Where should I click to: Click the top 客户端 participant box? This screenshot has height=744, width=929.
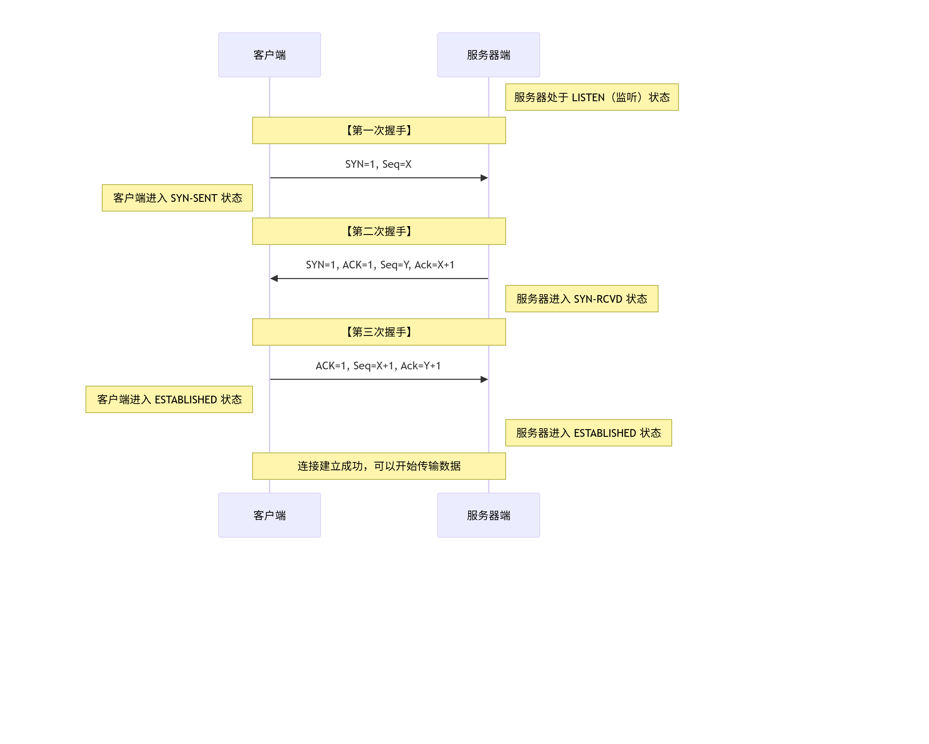point(269,55)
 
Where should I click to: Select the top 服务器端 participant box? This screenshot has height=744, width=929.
point(488,55)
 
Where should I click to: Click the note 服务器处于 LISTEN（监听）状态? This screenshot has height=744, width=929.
point(592,97)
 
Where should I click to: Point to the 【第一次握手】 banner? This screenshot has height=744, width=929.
point(379,130)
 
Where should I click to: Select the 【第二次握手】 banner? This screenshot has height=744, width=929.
point(379,231)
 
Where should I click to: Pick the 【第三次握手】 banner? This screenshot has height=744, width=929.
point(379,332)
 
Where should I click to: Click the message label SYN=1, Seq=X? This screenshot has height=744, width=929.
point(378,164)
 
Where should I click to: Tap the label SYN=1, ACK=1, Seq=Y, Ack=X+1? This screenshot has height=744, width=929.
point(379,265)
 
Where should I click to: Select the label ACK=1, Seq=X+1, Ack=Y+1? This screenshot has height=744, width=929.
point(378,365)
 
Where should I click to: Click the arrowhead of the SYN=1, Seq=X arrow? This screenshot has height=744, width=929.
point(484,178)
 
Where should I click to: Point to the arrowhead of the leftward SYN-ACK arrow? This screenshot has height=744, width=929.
point(274,278)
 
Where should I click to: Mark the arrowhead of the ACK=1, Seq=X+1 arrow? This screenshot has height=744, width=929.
point(484,379)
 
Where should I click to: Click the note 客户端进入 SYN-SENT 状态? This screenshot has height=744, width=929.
point(177,198)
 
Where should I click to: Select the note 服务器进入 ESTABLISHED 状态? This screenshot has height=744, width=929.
point(588,433)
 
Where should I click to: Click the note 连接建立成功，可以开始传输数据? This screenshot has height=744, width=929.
point(379,466)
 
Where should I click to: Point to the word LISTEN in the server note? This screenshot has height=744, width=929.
point(588,97)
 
